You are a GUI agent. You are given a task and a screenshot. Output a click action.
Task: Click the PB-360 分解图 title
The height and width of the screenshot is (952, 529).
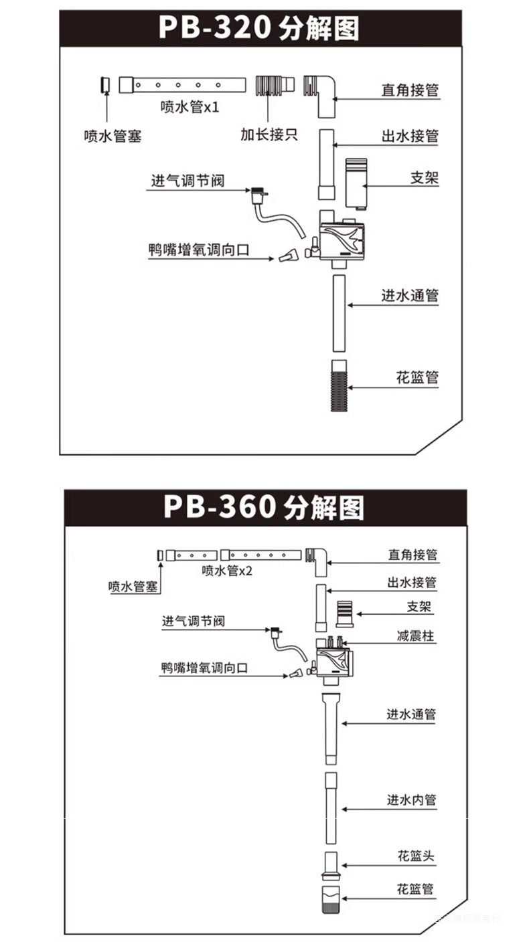[x=264, y=507]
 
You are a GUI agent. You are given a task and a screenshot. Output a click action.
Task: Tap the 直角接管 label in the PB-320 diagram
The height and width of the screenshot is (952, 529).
[x=410, y=90]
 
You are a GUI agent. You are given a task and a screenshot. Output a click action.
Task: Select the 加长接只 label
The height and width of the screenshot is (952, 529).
[x=269, y=134]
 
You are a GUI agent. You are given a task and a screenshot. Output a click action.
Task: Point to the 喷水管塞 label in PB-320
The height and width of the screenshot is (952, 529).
[x=112, y=136]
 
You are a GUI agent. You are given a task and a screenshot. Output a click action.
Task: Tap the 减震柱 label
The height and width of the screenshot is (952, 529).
[x=415, y=636]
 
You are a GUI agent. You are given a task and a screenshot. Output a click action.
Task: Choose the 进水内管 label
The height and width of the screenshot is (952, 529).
[x=410, y=799]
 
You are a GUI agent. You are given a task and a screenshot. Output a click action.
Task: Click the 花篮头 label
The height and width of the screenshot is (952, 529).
[x=415, y=856]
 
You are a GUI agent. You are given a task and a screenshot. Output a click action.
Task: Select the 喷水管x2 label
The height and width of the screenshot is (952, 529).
[x=227, y=571]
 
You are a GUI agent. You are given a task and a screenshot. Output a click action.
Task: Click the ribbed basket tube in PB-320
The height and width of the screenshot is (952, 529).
[x=340, y=385]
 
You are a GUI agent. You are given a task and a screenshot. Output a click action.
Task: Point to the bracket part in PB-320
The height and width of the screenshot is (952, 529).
[x=355, y=183]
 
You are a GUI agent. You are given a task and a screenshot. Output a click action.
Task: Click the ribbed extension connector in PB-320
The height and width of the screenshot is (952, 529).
[x=274, y=86]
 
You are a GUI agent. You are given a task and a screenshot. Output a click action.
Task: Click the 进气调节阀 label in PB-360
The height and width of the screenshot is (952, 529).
[x=193, y=621]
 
